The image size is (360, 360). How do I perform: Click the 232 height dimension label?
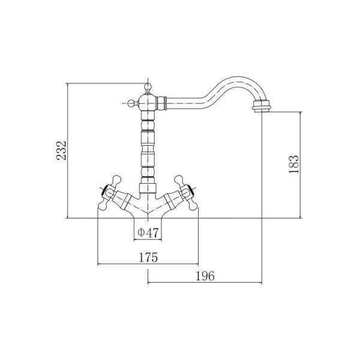(62, 151)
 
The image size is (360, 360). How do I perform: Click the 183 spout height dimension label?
(294, 164)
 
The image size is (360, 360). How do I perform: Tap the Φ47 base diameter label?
(148, 233)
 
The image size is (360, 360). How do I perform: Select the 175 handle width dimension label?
(148, 257)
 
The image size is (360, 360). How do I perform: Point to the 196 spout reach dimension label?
(205, 276)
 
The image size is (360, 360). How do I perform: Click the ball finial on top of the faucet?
(148, 87)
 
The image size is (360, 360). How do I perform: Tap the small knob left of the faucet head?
(131, 103)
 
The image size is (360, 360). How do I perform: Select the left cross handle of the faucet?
(109, 193)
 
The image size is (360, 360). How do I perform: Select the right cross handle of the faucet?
(187, 193)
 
